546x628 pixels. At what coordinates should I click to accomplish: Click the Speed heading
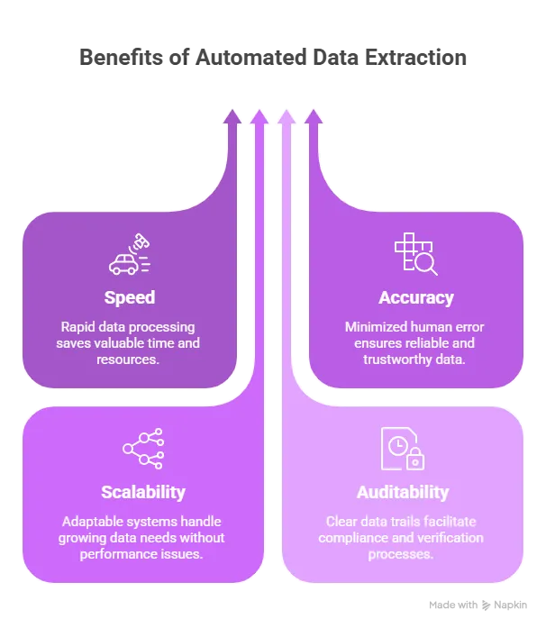tap(129, 297)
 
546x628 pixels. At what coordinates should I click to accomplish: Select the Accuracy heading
tap(416, 297)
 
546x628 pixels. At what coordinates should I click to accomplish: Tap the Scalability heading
tap(143, 492)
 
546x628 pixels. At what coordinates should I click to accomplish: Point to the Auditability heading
tap(403, 492)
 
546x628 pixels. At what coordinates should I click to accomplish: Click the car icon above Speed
tap(123, 263)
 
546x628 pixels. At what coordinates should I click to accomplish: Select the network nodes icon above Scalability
tap(142, 449)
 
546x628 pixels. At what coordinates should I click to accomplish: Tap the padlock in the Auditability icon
tap(415, 460)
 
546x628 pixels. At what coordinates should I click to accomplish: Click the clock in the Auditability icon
tap(396, 444)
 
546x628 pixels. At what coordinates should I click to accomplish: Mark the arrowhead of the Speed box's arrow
tap(232, 116)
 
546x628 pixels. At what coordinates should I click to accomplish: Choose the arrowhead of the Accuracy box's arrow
tap(313, 116)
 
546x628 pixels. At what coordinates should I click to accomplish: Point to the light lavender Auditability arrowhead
tap(286, 116)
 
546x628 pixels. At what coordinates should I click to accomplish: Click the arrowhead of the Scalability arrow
tap(259, 116)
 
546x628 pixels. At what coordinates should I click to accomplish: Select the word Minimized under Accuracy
tap(378, 326)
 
